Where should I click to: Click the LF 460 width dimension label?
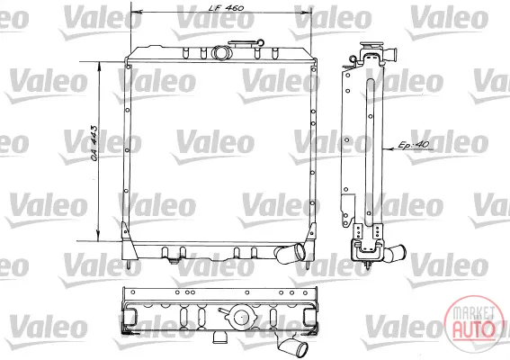pyautogui.click(x=227, y=8)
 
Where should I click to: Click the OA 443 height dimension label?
pyautogui.click(x=94, y=143)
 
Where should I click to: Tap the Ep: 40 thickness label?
pyautogui.click(x=414, y=145)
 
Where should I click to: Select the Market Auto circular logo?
pyautogui.click(x=473, y=323)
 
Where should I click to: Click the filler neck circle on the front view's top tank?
pyautogui.click(x=221, y=53)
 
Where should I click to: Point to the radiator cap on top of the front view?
pyautogui.click(x=246, y=44)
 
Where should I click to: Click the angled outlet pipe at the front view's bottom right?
pyautogui.click(x=291, y=252)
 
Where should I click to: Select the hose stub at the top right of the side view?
pyautogui.click(x=390, y=54)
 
